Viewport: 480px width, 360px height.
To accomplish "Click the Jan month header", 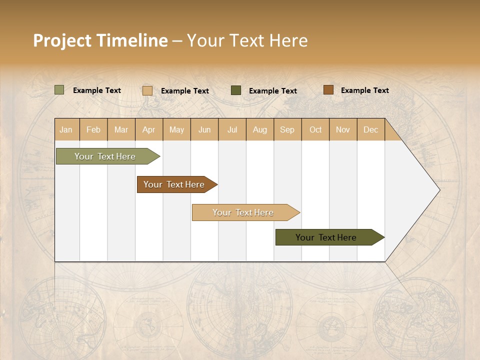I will coord(66,129).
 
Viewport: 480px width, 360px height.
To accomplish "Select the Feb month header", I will coord(93,129).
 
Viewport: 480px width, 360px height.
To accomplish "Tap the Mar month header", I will coord(121,129).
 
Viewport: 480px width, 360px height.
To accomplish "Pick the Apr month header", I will coord(149,129).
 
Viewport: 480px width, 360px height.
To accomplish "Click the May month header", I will coord(176,129).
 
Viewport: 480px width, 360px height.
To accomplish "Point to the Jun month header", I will coord(204,129).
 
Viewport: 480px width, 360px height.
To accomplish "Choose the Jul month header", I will coord(232,129).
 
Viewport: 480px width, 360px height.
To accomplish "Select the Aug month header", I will coord(260,129).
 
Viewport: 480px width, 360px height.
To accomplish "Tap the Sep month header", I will coord(287,129).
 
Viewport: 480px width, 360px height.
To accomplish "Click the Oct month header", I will coord(315,129).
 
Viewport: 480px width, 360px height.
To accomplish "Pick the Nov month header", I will coord(343,129).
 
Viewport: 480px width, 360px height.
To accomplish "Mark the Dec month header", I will coord(371,129).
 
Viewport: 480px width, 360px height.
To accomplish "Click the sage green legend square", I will coord(59,90).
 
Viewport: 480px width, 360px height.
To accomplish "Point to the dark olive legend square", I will coord(236,90).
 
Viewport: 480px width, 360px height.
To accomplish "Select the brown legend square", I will coord(328,90).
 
